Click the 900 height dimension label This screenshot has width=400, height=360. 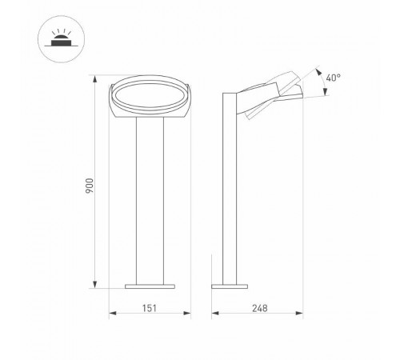pos(90,185)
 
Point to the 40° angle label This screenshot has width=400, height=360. pos(334,78)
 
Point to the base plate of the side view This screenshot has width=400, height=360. pos(231,285)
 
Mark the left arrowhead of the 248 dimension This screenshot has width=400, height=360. pos(214,314)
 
